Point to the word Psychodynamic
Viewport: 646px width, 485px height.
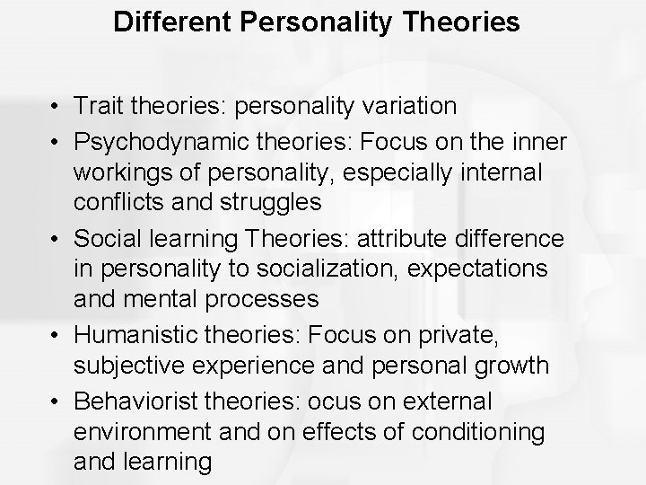click(x=158, y=140)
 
